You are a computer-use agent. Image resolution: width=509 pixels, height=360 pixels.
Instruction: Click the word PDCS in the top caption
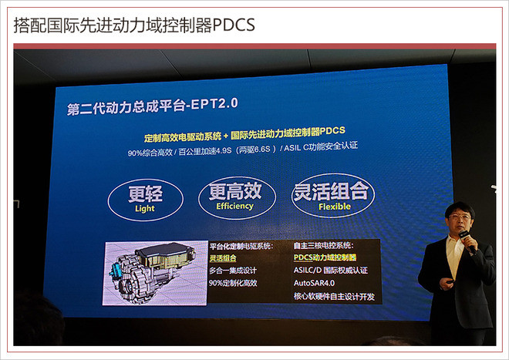[234, 25]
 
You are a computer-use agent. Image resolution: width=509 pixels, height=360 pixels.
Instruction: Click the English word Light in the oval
[145, 208]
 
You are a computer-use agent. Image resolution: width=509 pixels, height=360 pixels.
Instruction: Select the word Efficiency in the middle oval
[234, 206]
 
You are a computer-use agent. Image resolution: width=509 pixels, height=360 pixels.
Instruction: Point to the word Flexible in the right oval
[335, 207]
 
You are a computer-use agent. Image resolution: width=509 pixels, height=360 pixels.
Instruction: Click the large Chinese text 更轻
[145, 193]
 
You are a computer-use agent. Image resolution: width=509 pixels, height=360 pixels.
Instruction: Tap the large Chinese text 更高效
[235, 191]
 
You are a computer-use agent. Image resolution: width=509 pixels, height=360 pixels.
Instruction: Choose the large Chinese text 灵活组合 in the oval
[331, 191]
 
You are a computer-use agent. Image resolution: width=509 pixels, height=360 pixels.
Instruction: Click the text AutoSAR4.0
[314, 283]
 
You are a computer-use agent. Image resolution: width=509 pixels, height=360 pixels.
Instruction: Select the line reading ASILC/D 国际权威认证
[330, 270]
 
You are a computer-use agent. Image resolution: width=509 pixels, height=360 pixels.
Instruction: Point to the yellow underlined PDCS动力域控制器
[325, 257]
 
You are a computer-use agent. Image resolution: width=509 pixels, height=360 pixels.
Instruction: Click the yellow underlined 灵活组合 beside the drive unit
[223, 258]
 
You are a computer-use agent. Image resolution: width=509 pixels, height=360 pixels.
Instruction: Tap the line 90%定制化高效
[233, 283]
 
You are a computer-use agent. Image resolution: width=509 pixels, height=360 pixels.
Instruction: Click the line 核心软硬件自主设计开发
[334, 296]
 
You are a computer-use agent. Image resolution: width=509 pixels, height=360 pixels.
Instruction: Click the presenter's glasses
[460, 217]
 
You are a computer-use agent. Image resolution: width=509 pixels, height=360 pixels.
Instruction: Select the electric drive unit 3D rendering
[155, 273]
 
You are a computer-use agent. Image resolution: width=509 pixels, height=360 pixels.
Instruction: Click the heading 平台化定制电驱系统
[241, 246]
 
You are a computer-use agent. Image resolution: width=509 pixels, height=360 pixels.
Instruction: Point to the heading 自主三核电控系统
[323, 245]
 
